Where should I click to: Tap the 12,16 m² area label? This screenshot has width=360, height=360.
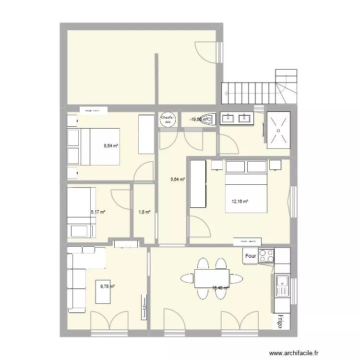point(240,202)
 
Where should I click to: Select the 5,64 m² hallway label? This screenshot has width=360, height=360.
point(178,180)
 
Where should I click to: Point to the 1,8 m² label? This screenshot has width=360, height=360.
point(144,212)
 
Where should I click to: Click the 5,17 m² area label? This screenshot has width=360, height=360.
point(98,211)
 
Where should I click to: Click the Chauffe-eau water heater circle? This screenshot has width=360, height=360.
point(168,120)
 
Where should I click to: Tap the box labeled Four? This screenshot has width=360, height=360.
point(251,256)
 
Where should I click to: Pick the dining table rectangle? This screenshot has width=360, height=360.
point(212,278)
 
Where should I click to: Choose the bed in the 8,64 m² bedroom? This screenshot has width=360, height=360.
point(99,146)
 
